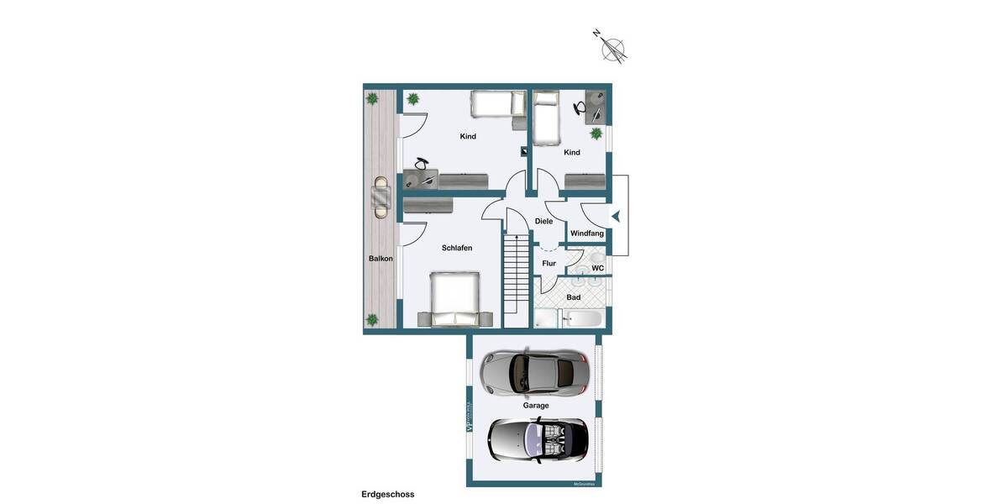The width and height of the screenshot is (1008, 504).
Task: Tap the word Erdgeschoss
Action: [387, 495]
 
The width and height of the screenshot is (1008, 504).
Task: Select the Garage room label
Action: [536, 406]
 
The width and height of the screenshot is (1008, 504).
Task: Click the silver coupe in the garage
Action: [533, 371]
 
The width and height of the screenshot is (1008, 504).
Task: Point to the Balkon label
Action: [381, 259]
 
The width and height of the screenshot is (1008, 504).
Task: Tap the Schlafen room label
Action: [457, 249]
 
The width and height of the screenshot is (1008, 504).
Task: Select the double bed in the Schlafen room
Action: [454, 299]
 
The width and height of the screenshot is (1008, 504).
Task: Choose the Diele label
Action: [543, 222]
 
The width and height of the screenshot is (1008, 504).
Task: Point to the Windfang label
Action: [587, 234]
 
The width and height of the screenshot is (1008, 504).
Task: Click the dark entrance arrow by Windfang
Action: [616, 217]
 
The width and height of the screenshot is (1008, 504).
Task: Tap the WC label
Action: [597, 269]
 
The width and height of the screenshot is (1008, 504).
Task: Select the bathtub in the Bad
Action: [583, 319]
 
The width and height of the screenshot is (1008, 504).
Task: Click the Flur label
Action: [549, 264]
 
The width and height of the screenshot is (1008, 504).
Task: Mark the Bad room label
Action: [573, 297]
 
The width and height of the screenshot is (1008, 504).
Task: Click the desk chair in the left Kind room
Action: [422, 165]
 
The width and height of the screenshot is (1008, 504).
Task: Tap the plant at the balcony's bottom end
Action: [372, 319]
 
